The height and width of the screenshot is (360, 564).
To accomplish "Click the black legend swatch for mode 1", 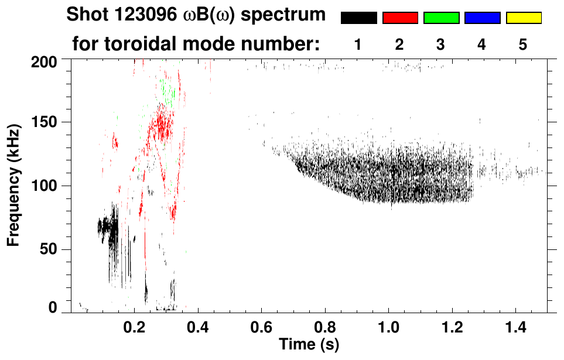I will [359, 18].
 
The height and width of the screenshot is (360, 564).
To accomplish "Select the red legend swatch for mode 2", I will [400, 18].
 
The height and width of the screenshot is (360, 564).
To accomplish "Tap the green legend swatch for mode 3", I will [441, 18].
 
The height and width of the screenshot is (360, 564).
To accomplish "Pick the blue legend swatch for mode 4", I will [482, 18].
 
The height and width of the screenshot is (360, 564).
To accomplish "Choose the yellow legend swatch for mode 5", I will [523, 18].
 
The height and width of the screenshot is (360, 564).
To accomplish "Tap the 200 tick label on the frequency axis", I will [45, 61].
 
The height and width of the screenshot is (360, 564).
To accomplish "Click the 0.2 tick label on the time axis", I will [135, 325].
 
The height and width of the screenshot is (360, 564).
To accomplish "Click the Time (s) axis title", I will [309, 343].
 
